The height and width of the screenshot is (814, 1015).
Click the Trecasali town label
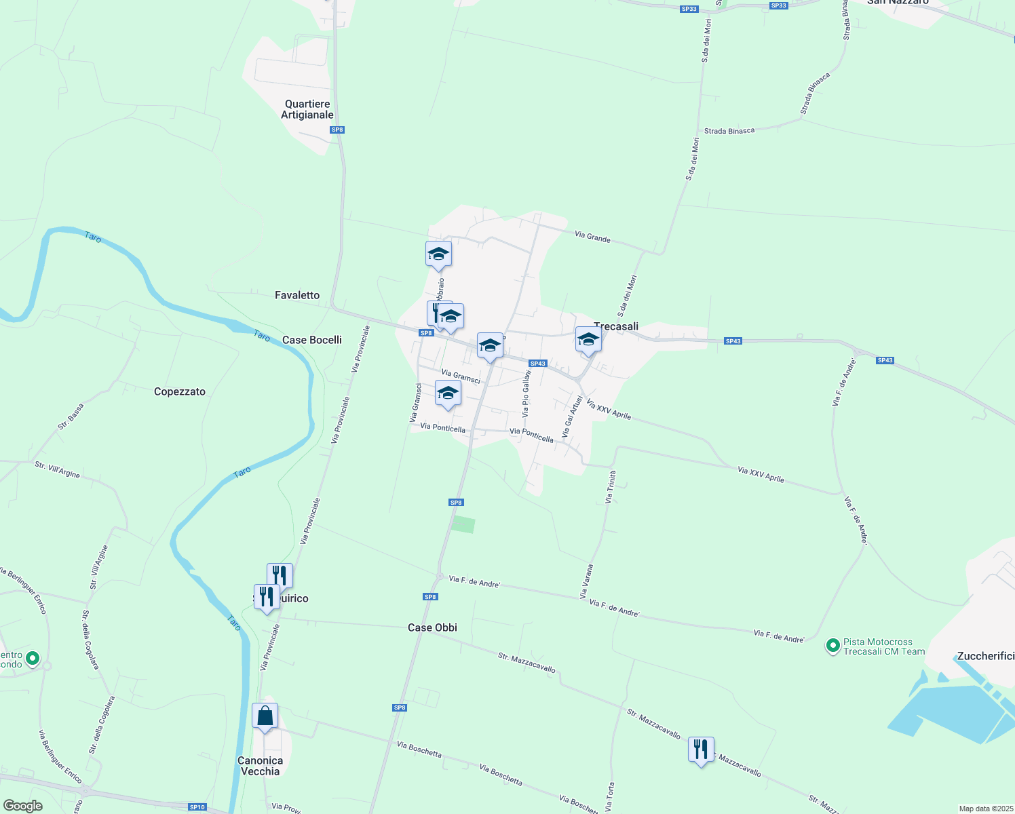pyautogui.click(x=616, y=326)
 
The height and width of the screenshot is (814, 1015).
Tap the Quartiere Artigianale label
pyautogui.click(x=307, y=109)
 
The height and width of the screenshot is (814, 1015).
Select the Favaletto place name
pyautogui.click(x=297, y=295)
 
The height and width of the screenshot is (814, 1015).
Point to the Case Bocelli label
pyautogui.click(x=312, y=340)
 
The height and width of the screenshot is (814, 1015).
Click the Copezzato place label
pyautogui.click(x=180, y=391)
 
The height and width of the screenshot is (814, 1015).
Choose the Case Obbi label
pyautogui.click(x=432, y=627)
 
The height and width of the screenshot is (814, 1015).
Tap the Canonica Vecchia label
pyautogui.click(x=260, y=766)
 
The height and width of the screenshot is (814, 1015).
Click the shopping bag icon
pyautogui.click(x=265, y=716)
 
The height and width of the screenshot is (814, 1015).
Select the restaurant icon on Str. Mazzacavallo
pyautogui.click(x=701, y=750)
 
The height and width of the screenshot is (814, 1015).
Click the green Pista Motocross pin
pyautogui.click(x=832, y=646)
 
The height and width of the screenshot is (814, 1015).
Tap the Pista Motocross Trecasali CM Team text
pyautogui.click(x=883, y=646)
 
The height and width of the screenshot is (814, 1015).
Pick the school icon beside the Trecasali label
pyautogui.click(x=588, y=339)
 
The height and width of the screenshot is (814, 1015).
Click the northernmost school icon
pyautogui.click(x=438, y=254)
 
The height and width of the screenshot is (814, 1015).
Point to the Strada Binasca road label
pyautogui.click(x=729, y=131)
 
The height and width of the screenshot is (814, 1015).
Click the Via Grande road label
pyautogui.click(x=592, y=237)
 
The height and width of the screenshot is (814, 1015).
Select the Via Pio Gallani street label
pyautogui.click(x=526, y=393)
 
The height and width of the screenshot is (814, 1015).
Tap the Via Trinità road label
pyautogui.click(x=611, y=487)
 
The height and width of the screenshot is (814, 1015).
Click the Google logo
pyautogui.click(x=23, y=806)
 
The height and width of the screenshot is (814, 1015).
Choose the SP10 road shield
pyautogui.click(x=197, y=807)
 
